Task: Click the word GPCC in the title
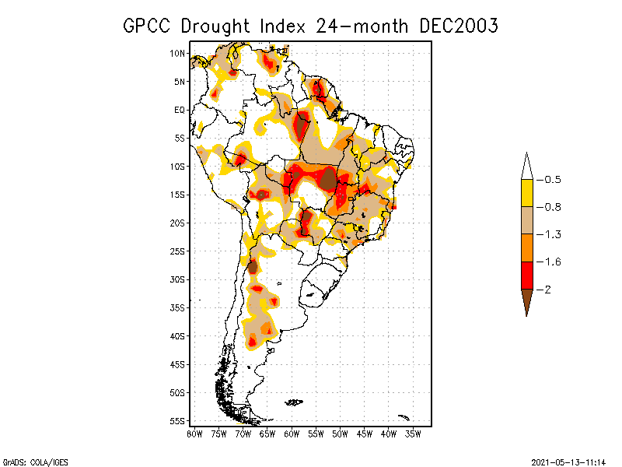point(148,26)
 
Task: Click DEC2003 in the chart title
point(458,26)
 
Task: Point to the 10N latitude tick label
point(177,53)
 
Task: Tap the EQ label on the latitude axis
point(179,110)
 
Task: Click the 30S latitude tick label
point(177,279)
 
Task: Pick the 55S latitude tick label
point(177,420)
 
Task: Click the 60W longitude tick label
point(292,434)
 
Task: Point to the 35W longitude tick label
point(414,434)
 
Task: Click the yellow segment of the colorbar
point(526,193)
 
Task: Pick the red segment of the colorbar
point(526,275)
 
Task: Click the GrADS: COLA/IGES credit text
point(30,461)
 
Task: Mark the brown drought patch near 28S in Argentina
point(253,267)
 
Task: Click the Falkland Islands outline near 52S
point(294,402)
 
